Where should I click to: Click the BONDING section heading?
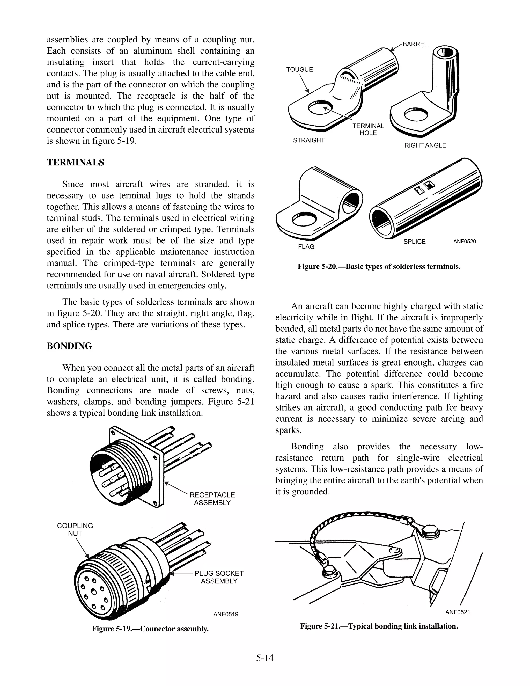(x=69, y=346)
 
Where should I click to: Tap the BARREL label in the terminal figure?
(x=415, y=44)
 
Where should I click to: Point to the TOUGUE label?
(x=299, y=69)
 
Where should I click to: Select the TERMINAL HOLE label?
(x=368, y=129)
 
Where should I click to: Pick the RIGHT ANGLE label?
(x=425, y=145)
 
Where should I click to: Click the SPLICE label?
(x=415, y=242)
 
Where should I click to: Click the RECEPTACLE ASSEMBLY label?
(x=212, y=499)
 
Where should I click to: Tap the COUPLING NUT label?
(x=75, y=530)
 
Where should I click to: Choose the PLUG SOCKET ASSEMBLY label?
(x=219, y=577)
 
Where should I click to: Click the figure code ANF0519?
(x=225, y=614)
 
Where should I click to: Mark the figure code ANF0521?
(x=458, y=612)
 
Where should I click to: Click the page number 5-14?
(x=265, y=658)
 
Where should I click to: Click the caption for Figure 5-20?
(x=379, y=267)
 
